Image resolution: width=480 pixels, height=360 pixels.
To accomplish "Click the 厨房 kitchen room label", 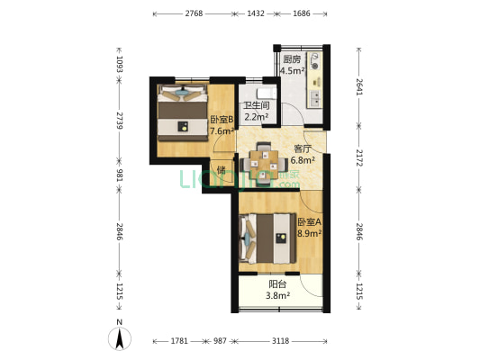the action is coord(292,58).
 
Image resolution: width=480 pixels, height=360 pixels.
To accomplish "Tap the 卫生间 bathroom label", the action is coord(257,105).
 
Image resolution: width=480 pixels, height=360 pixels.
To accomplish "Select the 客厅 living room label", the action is coord(303,149).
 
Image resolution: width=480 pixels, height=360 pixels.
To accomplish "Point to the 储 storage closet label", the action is coord(221,170).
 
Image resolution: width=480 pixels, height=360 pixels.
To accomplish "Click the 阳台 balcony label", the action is coord(277,284).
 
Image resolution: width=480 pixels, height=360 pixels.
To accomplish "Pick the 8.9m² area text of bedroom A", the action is coord(310,234).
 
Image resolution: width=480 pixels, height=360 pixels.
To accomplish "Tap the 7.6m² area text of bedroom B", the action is coord(222,131).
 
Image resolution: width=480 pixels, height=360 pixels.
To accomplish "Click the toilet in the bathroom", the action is coord(267,94).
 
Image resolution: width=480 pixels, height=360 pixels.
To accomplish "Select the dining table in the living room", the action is coord(264,164).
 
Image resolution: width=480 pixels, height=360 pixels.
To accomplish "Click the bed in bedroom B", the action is coord(183,112).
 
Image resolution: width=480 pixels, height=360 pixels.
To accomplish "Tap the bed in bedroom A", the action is coord(267,238).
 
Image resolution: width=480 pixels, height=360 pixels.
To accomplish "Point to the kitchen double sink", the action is coord(315,98).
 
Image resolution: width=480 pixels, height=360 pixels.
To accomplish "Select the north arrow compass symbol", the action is coord(120,338).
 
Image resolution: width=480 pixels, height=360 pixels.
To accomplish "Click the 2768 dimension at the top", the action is coord(194,13).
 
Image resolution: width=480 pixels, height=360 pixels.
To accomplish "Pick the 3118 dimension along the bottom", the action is coord(280,341).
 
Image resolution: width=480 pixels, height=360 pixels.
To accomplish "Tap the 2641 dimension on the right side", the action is coord(359,87).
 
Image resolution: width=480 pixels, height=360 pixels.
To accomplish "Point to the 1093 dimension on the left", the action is coord(120,64).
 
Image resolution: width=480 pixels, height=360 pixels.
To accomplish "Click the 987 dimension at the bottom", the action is coord(220,341).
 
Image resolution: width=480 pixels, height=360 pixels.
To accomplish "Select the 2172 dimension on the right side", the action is coord(359,157).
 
